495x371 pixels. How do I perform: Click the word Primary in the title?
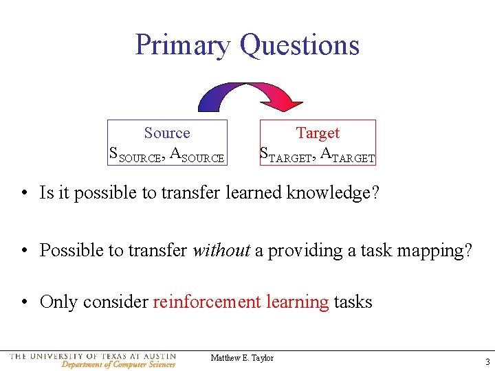click(183, 45)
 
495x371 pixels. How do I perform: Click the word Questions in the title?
click(299, 45)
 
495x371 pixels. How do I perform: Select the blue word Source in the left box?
click(166, 133)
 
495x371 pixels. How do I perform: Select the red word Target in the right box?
click(318, 133)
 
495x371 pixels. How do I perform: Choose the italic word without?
click(221, 250)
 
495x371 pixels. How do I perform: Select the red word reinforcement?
click(207, 302)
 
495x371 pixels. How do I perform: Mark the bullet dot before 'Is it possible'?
click(24, 194)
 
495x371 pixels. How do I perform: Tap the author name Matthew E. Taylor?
click(242, 358)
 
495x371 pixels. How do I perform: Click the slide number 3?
click(487, 362)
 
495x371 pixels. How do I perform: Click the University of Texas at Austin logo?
click(93, 360)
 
